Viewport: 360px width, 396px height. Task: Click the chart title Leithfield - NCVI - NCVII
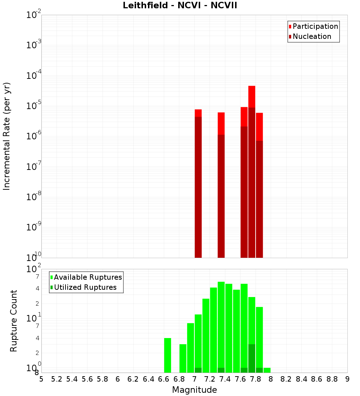pyautogui.click(x=180, y=6)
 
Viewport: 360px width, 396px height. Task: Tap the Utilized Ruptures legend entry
pyautogui.click(x=85, y=288)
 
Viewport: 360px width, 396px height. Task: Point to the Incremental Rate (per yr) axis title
pyautogui.click(x=7, y=136)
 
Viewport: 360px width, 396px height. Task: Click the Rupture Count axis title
pyautogui.click(x=14, y=320)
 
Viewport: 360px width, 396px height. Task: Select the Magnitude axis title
pyautogui.click(x=194, y=390)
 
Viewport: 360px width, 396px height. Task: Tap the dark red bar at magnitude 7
pyautogui.click(x=198, y=187)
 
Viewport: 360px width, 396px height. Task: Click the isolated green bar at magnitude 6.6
pyautogui.click(x=167, y=355)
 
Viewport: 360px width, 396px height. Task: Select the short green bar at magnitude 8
pyautogui.click(x=267, y=370)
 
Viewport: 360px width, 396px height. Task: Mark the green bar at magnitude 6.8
pyautogui.click(x=183, y=358)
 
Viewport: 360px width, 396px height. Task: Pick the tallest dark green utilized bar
pyautogui.click(x=252, y=358)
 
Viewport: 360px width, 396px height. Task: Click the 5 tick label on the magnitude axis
pyautogui.click(x=41, y=379)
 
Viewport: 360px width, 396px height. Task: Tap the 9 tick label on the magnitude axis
pyautogui.click(x=347, y=379)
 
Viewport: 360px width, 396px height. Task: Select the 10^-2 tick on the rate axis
pyautogui.click(x=34, y=15)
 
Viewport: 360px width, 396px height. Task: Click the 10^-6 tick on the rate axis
pyautogui.click(x=34, y=136)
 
